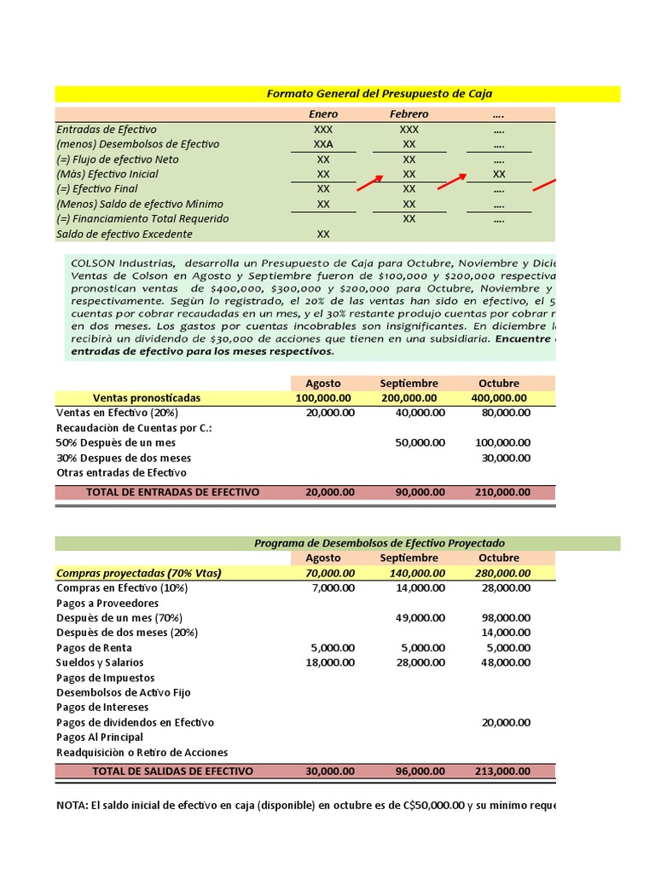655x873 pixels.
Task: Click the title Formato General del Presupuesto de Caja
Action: pos(380,94)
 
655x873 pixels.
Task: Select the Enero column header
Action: pos(323,114)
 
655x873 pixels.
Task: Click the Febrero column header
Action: pos(409,114)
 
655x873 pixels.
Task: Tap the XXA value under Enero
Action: pos(323,144)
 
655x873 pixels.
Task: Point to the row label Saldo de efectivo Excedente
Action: pos(125,234)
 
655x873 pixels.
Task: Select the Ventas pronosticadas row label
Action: pos(147,398)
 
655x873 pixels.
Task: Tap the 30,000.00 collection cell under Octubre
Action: pos(506,458)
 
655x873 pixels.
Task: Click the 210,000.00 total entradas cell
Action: pos(501,493)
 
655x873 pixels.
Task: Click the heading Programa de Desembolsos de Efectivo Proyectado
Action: pos(380,543)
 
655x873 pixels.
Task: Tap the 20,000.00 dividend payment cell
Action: pos(506,722)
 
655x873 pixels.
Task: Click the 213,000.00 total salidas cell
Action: pos(501,771)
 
